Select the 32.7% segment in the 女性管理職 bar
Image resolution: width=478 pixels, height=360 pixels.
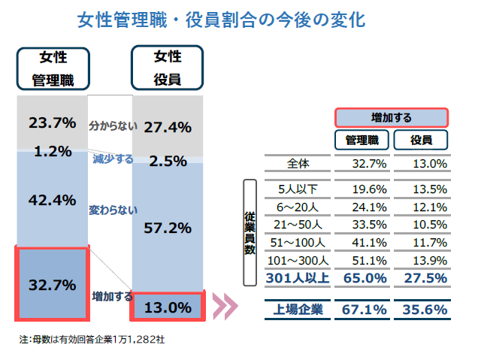[x=52, y=285]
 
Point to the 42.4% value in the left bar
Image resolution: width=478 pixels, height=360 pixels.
[x=52, y=200]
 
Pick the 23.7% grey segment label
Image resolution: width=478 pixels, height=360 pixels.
[x=52, y=122]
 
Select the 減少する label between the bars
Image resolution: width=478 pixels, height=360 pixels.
[x=112, y=159]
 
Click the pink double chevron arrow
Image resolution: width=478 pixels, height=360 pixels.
[x=225, y=307]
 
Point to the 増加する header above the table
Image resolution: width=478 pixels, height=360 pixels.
[x=391, y=117]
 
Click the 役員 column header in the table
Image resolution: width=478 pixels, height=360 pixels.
[x=420, y=140]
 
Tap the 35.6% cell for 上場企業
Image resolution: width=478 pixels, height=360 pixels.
[x=425, y=309]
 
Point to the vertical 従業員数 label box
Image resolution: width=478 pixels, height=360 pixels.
[x=250, y=232]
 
